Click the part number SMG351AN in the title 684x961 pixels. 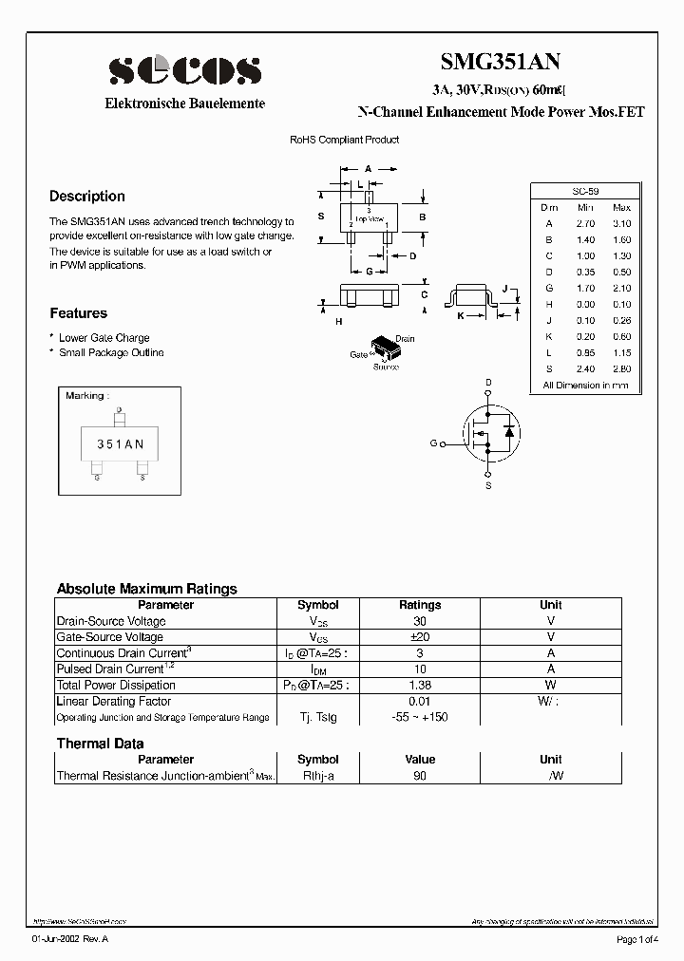[501, 63]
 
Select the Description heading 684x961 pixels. [87, 197]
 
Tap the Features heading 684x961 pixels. [78, 313]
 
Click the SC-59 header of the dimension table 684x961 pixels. [585, 191]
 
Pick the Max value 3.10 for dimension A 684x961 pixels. [621, 223]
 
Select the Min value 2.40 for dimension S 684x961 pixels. [585, 368]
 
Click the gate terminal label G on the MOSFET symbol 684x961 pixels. [433, 443]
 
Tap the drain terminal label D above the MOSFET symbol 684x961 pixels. [488, 383]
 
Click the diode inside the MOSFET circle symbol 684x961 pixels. [509, 432]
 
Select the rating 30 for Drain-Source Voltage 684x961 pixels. [420, 621]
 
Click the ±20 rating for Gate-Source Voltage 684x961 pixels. [420, 637]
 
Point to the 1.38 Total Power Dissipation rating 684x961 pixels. [420, 685]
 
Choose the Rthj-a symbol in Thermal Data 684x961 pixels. [317, 776]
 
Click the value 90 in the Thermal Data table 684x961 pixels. [420, 776]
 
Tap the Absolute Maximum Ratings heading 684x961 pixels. [146, 589]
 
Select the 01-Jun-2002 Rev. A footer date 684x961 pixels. [70, 940]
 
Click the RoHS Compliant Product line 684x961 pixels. [344, 140]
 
